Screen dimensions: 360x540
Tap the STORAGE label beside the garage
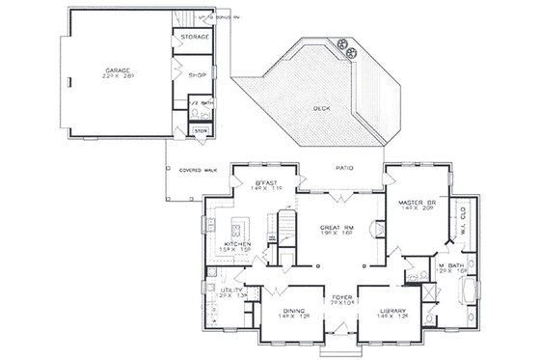point(196,37)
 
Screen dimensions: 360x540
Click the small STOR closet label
point(201,130)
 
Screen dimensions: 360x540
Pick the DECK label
point(321,109)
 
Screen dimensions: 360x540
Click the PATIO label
point(343,167)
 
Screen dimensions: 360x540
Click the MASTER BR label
point(418,203)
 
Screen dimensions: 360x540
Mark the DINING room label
point(289,311)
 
